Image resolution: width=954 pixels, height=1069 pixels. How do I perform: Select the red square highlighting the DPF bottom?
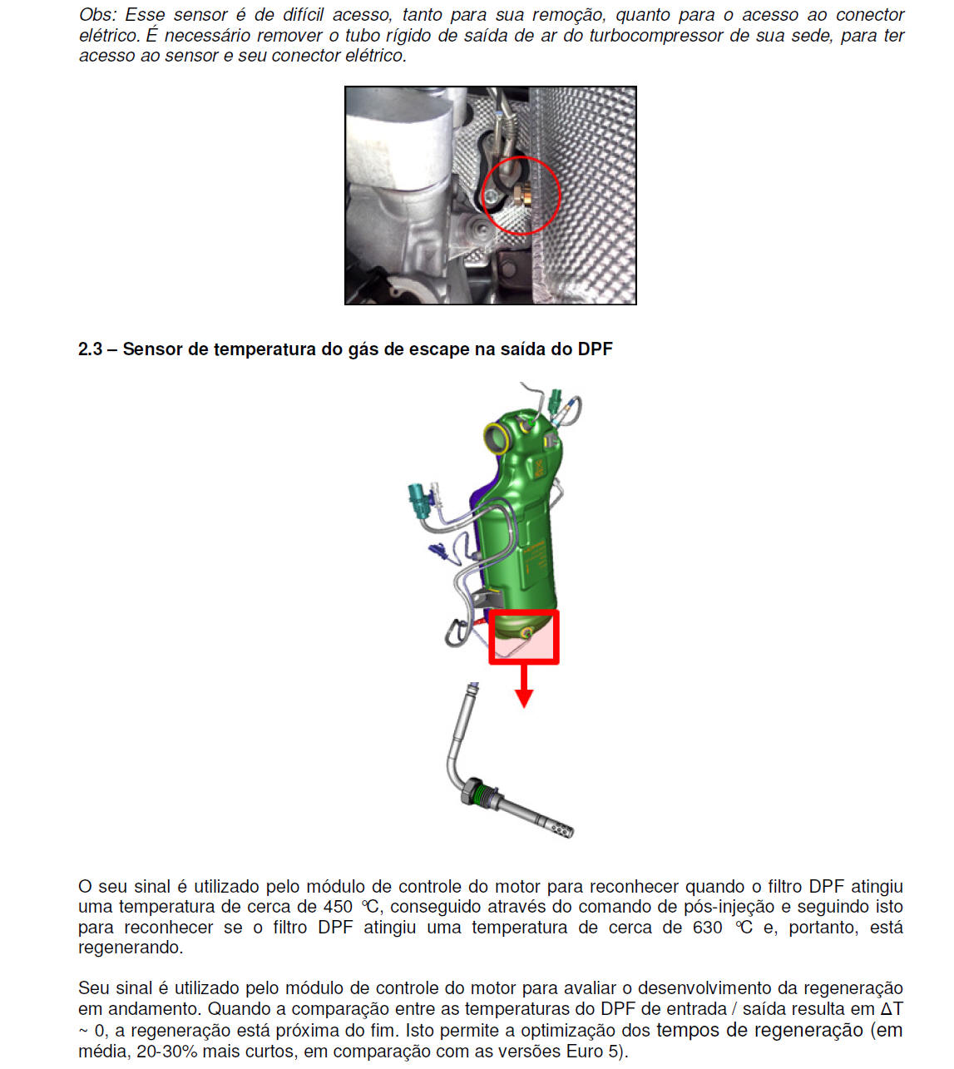(524, 637)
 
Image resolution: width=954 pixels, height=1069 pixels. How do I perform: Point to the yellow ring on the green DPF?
(496, 436)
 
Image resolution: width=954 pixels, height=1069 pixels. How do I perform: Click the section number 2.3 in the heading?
(90, 349)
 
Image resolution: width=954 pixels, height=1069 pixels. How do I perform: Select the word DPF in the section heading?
(595, 349)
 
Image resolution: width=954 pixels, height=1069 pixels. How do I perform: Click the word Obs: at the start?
(97, 15)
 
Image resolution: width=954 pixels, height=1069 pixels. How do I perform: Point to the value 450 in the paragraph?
(338, 907)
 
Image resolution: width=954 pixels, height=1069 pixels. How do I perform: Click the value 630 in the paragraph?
(707, 928)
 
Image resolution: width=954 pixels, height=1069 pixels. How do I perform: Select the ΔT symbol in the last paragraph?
(891, 1009)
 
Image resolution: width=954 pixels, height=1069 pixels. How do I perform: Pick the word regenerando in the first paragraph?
(130, 948)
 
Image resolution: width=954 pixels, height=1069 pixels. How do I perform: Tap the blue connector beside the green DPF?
(439, 550)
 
